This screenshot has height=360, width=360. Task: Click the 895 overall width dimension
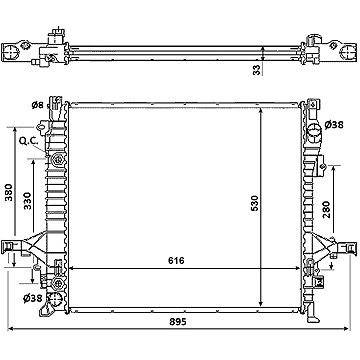point(177,322)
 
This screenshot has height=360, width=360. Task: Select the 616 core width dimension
point(176,260)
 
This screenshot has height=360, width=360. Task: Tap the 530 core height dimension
point(255,205)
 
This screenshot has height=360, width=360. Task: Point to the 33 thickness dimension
point(256,70)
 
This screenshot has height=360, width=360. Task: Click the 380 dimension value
point(9,192)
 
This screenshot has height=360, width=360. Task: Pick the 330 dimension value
point(27,201)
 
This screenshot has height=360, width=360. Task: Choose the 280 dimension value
point(325,209)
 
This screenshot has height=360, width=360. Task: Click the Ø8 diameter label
point(38,105)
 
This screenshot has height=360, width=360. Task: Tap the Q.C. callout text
point(28,141)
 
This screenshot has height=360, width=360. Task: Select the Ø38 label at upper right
point(334,125)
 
